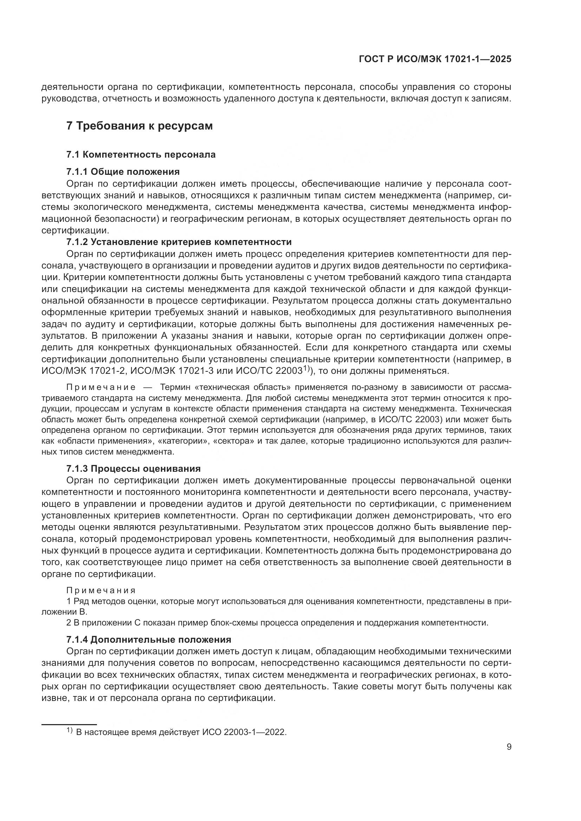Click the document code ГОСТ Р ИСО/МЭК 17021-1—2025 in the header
[435, 59]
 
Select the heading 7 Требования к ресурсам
[139, 126]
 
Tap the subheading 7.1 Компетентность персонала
[141, 154]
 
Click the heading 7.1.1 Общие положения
[123, 172]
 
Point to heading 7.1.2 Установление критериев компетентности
[179, 242]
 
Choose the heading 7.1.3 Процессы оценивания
[133, 468]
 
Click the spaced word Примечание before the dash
[101, 387]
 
